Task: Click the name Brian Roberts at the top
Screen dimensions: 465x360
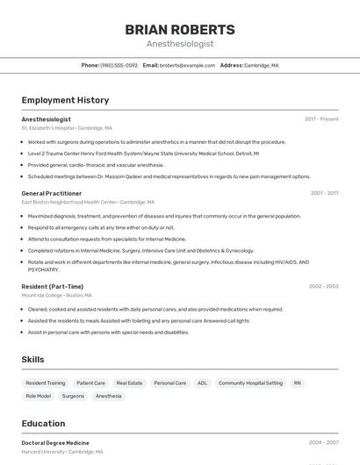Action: [x=180, y=29]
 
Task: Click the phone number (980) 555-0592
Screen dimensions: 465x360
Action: [x=119, y=65]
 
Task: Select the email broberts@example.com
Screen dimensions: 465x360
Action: [x=187, y=65]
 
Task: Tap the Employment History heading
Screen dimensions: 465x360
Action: [x=65, y=100]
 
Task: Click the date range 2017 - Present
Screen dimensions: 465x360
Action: [x=321, y=118]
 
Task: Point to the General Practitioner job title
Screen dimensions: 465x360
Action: [x=52, y=193]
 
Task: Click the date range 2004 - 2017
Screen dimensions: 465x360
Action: [x=324, y=193]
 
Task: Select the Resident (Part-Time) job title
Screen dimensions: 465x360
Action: [x=53, y=286]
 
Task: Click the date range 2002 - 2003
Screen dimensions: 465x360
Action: [x=323, y=286]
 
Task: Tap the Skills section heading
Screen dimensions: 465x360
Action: [x=32, y=360]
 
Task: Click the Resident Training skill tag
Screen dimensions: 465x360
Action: [x=46, y=383]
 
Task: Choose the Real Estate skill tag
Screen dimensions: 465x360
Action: [x=129, y=383]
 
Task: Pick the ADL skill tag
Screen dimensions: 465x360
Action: [x=202, y=383]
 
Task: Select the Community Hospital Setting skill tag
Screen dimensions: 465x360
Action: [x=250, y=383]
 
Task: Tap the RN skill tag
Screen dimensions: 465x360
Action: [x=298, y=383]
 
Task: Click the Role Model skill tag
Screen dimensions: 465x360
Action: [x=39, y=396]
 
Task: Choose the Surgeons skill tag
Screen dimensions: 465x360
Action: [x=73, y=396]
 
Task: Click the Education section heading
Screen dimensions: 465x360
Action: [x=43, y=423]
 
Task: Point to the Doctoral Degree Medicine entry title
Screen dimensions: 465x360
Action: [x=55, y=443]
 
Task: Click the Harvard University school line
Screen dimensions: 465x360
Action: [x=61, y=452]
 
